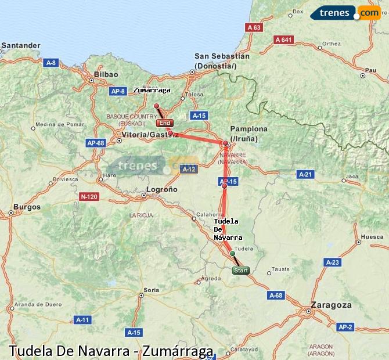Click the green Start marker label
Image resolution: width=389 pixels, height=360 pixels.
point(240,271)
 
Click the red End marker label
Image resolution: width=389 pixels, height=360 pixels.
point(165,123)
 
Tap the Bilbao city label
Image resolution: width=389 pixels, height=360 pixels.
point(106,74)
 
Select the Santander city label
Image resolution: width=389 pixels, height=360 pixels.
point(21,45)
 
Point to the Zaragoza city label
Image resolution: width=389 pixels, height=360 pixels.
point(331,305)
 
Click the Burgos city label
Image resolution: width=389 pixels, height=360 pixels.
point(27,207)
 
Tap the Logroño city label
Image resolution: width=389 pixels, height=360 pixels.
point(162,189)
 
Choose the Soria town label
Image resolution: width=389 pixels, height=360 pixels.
point(151,289)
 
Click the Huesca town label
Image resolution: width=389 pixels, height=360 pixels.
point(372,237)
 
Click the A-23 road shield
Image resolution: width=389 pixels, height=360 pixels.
point(332,262)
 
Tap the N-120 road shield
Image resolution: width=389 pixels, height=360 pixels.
point(89,197)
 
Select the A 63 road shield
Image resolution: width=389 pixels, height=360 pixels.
point(254,27)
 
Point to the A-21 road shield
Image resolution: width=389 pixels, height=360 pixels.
point(305,174)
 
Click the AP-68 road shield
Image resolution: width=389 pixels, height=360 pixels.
point(95,143)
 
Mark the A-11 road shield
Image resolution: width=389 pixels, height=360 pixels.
point(82,320)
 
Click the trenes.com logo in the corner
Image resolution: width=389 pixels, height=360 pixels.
point(345,13)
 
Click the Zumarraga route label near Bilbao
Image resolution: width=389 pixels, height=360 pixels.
point(152,90)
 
